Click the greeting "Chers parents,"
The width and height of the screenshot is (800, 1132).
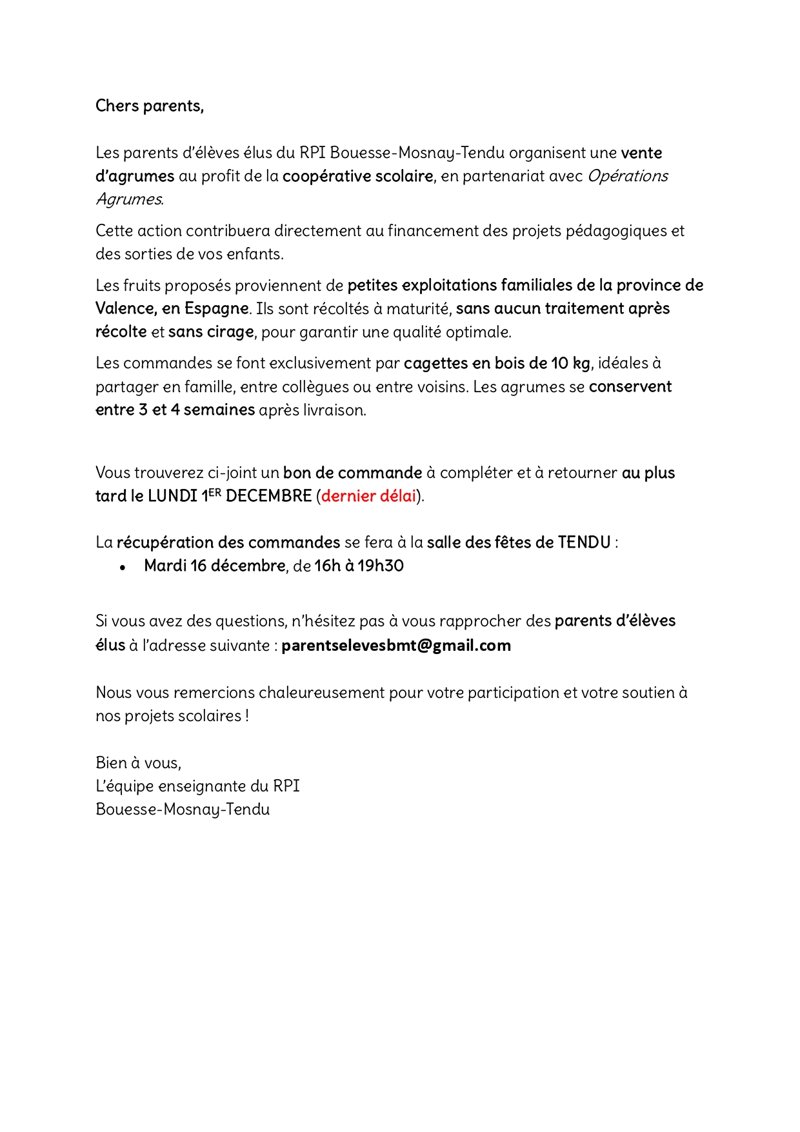coord(149,106)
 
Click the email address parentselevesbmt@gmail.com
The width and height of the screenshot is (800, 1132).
coord(395,646)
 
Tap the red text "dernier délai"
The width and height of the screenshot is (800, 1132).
coord(368,496)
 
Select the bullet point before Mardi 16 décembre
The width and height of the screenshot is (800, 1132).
coord(123,567)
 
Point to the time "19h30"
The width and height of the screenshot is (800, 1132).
coord(381,566)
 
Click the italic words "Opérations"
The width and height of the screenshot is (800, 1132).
coord(628,176)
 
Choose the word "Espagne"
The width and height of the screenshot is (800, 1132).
coord(216,308)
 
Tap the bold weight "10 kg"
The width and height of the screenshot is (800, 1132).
coord(570,363)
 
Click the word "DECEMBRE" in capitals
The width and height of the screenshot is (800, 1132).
coord(268,496)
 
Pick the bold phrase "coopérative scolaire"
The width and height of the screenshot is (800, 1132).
coord(357,176)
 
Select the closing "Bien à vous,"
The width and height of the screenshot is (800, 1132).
coord(138,763)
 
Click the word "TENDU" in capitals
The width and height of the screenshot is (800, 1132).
coord(584,542)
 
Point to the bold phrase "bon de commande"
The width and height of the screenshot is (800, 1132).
coord(352,473)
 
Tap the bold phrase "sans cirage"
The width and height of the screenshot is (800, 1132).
coord(211,332)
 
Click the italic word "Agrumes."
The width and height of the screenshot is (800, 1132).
coord(130,199)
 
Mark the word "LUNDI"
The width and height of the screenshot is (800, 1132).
coord(172,496)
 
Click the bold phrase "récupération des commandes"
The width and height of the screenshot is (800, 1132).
coord(228,542)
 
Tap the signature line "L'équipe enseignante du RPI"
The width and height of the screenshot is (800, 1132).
coord(197,786)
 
